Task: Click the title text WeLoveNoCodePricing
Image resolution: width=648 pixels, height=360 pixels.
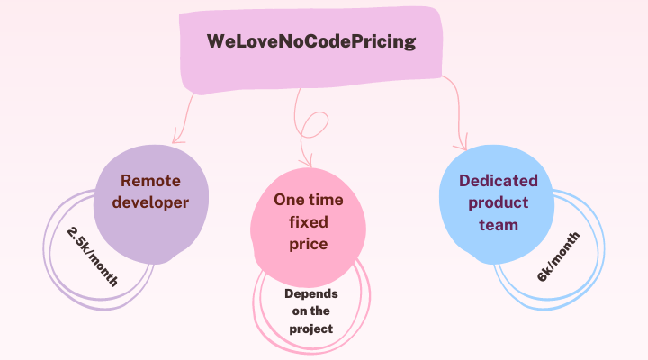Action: (x=311, y=41)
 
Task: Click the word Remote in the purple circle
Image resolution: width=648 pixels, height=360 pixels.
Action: (x=150, y=181)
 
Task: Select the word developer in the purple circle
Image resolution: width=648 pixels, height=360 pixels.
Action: (x=150, y=202)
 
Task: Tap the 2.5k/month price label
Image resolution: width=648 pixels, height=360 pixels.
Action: (x=92, y=256)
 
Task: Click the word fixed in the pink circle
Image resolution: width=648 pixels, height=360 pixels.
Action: (x=309, y=222)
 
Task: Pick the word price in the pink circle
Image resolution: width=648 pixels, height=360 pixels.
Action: (x=309, y=244)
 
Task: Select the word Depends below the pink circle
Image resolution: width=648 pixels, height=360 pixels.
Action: (x=311, y=294)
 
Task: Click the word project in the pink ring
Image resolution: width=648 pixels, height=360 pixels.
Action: (x=311, y=329)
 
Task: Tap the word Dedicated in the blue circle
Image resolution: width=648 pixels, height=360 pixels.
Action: (x=499, y=181)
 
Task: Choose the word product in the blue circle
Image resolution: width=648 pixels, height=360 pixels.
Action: (x=499, y=202)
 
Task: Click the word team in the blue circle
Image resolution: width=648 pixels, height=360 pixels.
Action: (x=499, y=225)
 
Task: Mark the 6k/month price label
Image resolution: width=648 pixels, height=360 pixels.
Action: (x=558, y=256)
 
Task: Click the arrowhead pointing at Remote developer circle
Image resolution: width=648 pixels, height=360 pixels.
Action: (x=177, y=138)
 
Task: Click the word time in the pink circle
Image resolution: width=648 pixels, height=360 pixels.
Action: (x=326, y=200)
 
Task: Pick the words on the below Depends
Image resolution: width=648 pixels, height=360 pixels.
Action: (x=311, y=310)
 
